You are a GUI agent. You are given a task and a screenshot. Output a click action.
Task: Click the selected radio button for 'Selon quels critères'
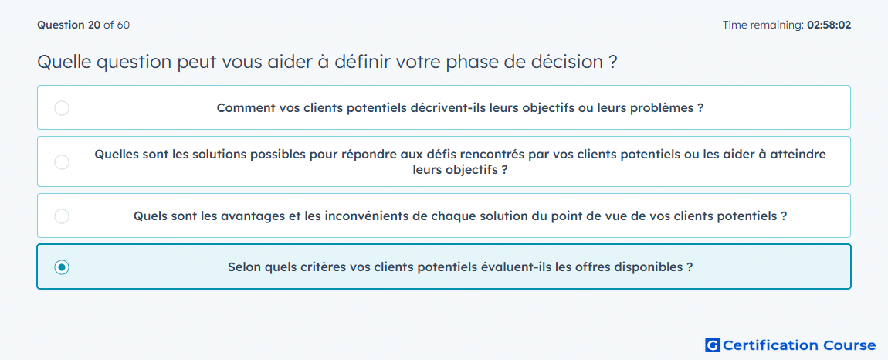click(62, 267)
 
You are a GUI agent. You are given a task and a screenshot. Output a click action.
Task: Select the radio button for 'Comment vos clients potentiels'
click(62, 107)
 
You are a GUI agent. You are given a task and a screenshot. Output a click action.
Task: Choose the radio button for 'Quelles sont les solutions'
click(62, 162)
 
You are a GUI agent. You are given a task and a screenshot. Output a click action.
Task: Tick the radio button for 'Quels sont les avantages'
click(62, 216)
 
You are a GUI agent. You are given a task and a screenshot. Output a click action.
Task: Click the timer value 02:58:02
click(829, 25)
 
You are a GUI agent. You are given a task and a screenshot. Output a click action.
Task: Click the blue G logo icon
click(713, 345)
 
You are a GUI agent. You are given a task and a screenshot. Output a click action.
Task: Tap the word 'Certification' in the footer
click(769, 345)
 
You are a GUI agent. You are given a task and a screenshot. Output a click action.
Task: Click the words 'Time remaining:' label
click(764, 25)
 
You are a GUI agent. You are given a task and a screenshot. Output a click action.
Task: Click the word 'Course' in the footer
click(847, 345)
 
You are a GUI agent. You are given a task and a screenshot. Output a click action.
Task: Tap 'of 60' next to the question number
click(117, 25)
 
